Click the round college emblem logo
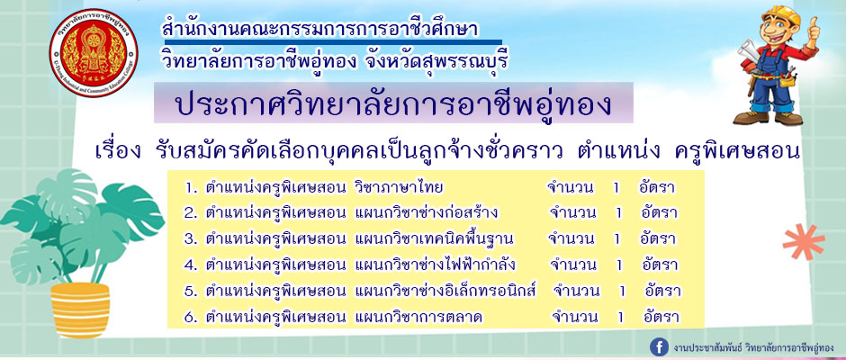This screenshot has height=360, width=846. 94,53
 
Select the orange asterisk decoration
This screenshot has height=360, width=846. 804,242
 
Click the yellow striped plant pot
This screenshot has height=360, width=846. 80,310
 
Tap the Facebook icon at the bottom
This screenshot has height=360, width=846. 659,346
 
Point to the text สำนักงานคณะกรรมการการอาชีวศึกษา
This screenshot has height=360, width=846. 320,28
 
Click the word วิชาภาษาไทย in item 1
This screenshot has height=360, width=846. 400,187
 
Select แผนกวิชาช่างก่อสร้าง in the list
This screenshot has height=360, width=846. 427,212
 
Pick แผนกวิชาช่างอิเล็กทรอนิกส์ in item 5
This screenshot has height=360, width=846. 445,291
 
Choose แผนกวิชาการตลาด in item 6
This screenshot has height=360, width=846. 418,318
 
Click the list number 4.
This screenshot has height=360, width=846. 190,265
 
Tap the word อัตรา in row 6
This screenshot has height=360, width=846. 661,317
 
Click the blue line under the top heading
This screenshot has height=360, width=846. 333,41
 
